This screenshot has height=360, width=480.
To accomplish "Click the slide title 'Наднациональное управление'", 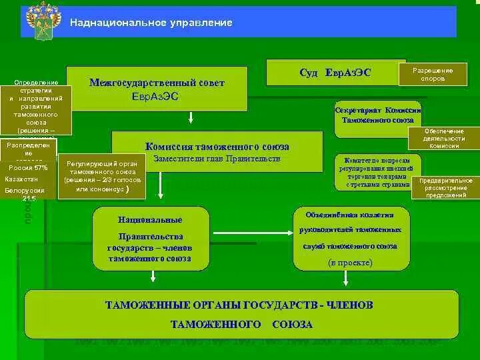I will coord(151,23).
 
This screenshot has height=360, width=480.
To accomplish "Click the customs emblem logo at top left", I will coord(43,21).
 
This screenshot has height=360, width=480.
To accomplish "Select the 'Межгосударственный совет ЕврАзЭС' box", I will coord(157,89).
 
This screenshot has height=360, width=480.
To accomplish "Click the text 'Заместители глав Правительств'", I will coord(217,159).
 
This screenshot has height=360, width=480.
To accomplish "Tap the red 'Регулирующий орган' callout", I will coord(102,177).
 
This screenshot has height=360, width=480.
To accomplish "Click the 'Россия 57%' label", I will coord(28,168).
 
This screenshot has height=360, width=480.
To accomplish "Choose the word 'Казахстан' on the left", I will coord(22,179).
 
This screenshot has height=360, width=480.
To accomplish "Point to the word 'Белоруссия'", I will coord(24,191).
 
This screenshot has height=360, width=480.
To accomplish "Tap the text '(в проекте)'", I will coord(349,263).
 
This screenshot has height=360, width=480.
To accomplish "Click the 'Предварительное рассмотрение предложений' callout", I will coord(445,188).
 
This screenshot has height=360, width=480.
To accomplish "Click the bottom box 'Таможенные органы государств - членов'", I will coord(241,314).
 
